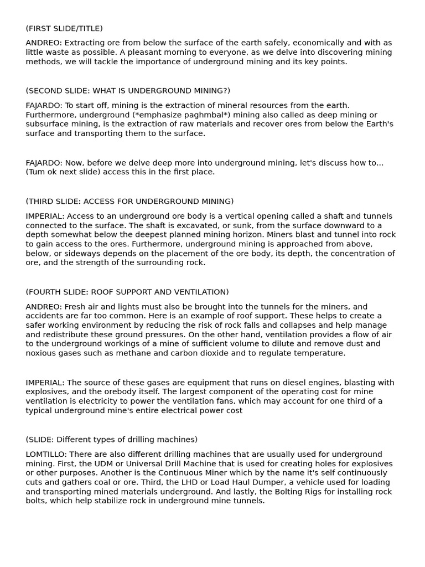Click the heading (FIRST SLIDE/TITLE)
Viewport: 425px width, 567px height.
(x=64, y=28)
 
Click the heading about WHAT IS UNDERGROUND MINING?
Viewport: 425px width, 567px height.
(x=128, y=91)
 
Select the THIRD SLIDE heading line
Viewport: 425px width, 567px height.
(x=129, y=202)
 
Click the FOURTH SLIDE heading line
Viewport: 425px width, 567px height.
(x=127, y=292)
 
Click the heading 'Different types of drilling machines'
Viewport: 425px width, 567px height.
(x=111, y=440)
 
